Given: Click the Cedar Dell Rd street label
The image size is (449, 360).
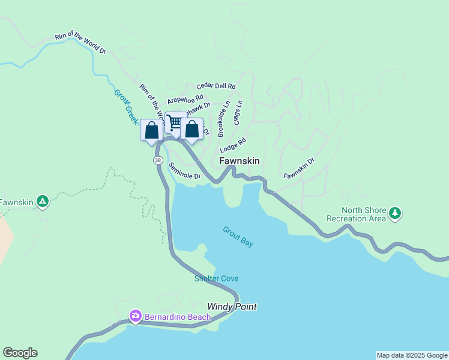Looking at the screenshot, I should tap(215, 86).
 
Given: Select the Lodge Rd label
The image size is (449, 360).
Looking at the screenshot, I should tap(233, 145).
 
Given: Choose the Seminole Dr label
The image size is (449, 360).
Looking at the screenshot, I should tap(184, 171).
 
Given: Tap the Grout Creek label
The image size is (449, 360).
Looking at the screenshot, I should tap(127, 106).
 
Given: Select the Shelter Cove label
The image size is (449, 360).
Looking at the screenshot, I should tap(216, 278).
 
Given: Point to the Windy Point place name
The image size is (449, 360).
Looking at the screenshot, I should tap(232, 307).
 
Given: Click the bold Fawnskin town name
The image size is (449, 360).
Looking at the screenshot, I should tap(240, 161).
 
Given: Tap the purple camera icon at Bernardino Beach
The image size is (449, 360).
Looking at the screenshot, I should tap(136, 316).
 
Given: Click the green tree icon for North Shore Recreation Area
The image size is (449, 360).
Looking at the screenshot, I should tap(395, 212).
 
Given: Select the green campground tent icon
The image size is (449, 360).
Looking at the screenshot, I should tap(42, 202).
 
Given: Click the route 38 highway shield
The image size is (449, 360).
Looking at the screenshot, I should tap(157, 160).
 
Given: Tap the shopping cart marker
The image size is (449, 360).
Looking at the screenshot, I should tap(175, 123).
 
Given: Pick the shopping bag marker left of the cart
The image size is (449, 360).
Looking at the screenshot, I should tap(151, 130).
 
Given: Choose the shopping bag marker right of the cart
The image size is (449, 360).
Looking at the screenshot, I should tap(191, 129).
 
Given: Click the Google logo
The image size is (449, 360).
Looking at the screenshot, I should tap(20, 353).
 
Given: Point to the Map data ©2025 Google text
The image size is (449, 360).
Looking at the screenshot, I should tap(412, 355).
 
